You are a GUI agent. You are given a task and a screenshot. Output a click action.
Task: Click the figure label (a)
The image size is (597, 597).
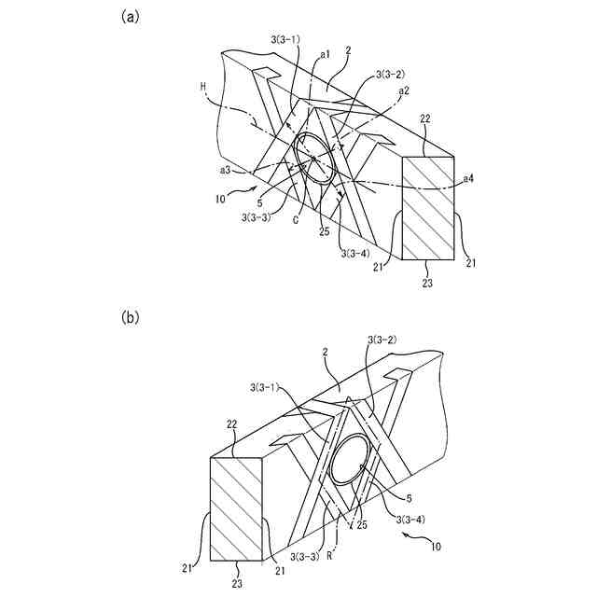click(131, 16)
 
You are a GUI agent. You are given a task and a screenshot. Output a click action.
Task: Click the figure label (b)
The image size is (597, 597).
click(131, 317)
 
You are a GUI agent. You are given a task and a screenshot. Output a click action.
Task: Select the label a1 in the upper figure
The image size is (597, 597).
click(325, 55)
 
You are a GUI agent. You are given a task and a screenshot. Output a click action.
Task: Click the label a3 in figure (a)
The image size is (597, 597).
click(226, 171)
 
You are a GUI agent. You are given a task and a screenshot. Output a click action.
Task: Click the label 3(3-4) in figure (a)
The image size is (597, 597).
click(355, 253)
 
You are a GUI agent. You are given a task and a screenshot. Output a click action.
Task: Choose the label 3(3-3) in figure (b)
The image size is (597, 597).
click(303, 556)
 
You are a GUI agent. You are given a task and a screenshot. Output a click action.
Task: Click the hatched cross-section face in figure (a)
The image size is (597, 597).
click(428, 208)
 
